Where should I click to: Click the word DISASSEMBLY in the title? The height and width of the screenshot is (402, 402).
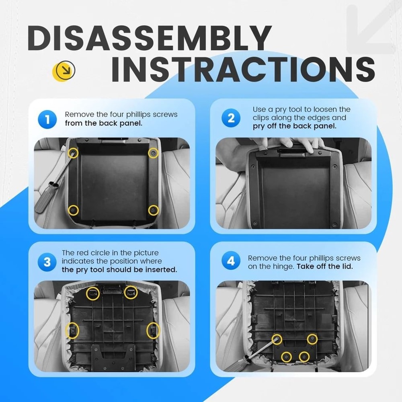click(x=149, y=38)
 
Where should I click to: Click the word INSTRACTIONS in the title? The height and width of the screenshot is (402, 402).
click(x=243, y=69)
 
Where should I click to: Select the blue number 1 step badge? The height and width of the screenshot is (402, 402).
click(x=47, y=119)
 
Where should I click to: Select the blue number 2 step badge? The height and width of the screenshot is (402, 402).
click(x=231, y=118)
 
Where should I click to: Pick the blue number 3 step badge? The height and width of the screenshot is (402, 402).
click(x=47, y=262)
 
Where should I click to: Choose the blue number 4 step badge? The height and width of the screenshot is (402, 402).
click(x=231, y=261)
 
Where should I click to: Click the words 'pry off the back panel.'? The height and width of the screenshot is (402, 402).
click(x=294, y=126)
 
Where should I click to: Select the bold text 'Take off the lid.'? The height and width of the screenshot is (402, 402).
click(x=324, y=267)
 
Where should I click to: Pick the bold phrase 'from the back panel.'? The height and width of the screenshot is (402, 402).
click(x=103, y=123)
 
